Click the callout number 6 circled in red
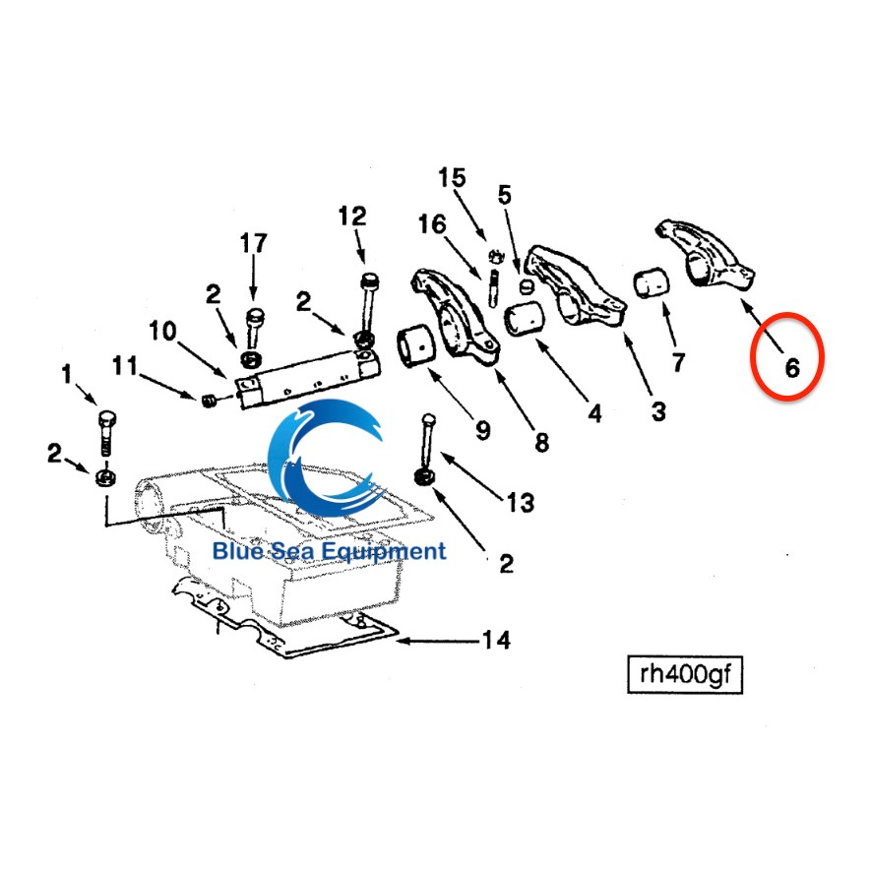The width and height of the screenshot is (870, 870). [792, 367]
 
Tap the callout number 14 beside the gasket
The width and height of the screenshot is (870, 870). [496, 641]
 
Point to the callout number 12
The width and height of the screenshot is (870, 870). [352, 215]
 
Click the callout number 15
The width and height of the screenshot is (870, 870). [452, 178]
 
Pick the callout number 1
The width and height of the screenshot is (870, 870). [67, 374]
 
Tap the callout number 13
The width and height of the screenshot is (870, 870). [520, 503]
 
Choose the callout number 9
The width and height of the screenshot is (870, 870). [482, 429]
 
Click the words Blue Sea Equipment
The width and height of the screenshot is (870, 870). [329, 551]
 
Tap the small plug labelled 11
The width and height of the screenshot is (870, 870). [209, 400]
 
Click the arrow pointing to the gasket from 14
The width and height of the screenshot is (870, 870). [433, 641]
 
